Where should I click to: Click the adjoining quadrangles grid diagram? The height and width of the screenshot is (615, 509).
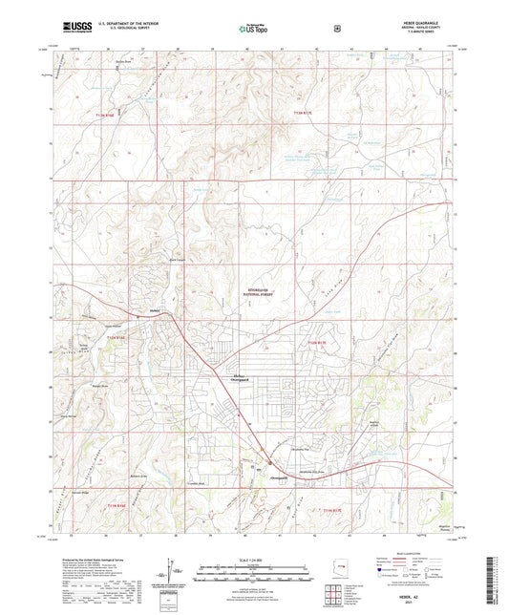click(339, 592)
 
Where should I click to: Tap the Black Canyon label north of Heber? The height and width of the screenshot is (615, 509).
click(177, 260)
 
